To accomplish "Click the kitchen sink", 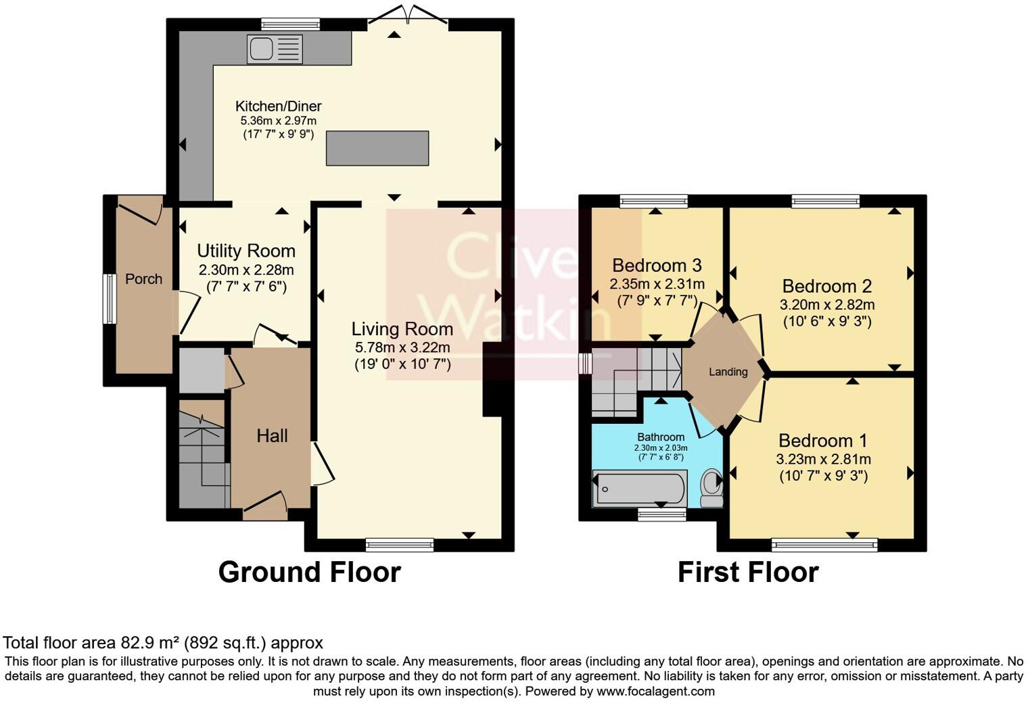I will click(275, 49).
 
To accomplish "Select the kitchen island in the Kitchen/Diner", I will click(377, 148).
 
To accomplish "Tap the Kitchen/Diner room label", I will click(278, 106).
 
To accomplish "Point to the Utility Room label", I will click(246, 251).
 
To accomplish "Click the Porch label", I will click(143, 278).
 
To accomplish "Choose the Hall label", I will click(272, 436).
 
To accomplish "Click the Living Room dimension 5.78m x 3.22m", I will click(402, 347).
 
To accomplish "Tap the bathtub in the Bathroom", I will click(639, 488).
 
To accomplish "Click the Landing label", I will click(728, 372).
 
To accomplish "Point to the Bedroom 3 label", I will click(657, 265).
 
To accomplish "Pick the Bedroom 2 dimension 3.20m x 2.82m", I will click(827, 305).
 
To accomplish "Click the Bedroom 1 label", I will click(822, 441).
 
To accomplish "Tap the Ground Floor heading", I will click(309, 572).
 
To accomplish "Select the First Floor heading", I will click(748, 572).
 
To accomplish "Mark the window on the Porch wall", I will click(107, 299).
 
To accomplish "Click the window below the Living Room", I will click(399, 544).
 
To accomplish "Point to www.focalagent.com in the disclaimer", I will click(655, 691).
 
